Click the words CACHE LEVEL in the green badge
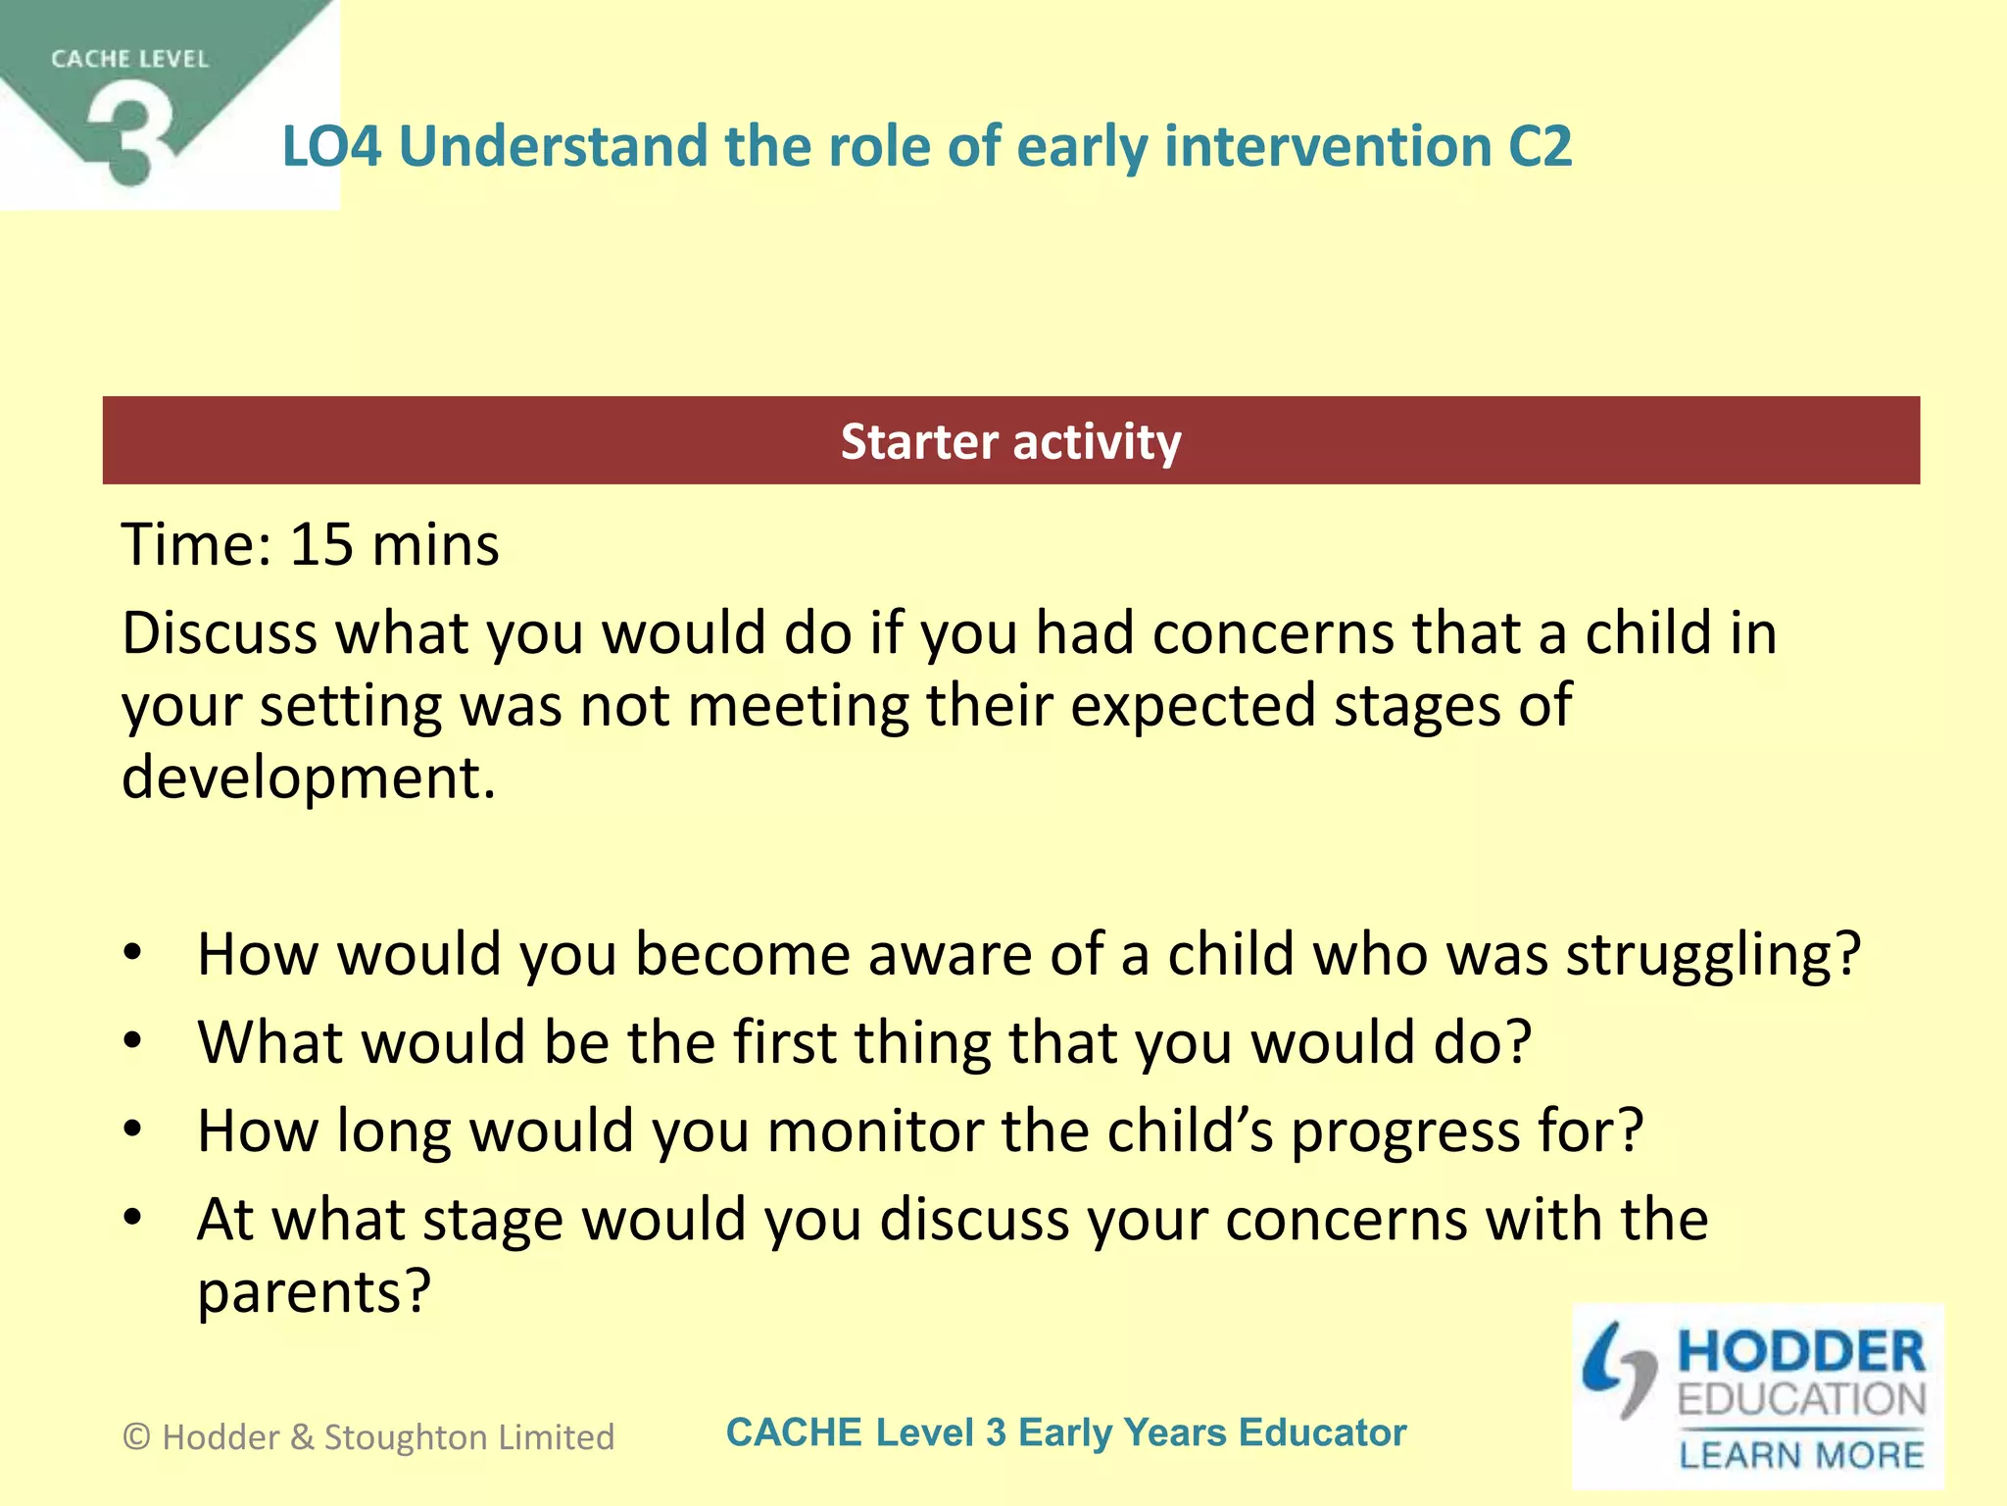(129, 60)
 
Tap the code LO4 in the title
(331, 147)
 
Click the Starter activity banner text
(1010, 442)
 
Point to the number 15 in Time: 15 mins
(321, 545)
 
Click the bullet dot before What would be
(133, 1040)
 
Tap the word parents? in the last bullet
(314, 1292)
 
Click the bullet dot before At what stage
(133, 1218)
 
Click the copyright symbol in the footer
(137, 1437)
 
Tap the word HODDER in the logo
(1801, 1352)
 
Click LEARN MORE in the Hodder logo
(1801, 1455)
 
